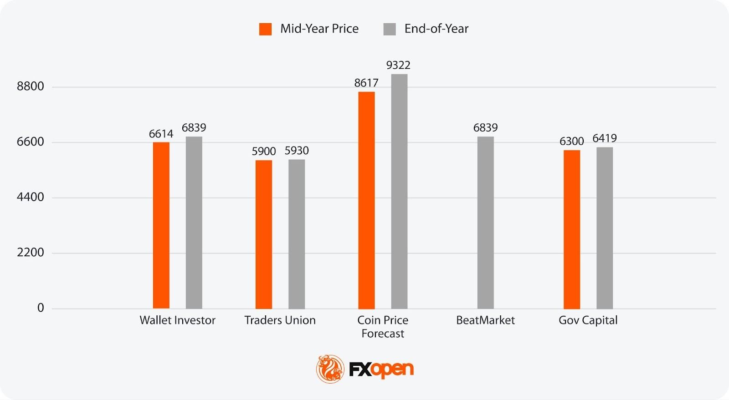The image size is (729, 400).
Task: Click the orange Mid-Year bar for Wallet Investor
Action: (161, 225)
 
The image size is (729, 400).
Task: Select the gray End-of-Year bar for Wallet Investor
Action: (194, 223)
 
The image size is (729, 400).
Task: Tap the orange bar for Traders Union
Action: (263, 234)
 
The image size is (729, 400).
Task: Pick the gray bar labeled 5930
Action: (297, 234)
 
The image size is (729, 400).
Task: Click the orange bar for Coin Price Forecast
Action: (366, 200)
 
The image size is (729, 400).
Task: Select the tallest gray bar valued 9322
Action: (399, 191)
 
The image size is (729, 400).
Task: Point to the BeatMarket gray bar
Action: (485, 223)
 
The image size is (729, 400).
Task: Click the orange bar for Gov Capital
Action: (571, 229)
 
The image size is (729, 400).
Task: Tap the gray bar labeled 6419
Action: (605, 228)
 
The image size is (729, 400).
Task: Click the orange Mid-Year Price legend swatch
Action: (265, 29)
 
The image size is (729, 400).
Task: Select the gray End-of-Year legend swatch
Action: (390, 29)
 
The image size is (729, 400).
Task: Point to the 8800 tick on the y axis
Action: (31, 86)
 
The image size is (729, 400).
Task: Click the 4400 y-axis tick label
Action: (31, 197)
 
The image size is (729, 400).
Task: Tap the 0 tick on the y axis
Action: (41, 308)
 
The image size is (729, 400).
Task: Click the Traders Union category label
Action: (280, 320)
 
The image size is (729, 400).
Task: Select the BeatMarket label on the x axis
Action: (485, 320)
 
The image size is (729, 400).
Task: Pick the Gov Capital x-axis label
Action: (588, 320)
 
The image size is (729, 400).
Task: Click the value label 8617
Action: (366, 83)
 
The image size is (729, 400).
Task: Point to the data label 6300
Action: (571, 141)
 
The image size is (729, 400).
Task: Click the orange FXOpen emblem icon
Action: (330, 369)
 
